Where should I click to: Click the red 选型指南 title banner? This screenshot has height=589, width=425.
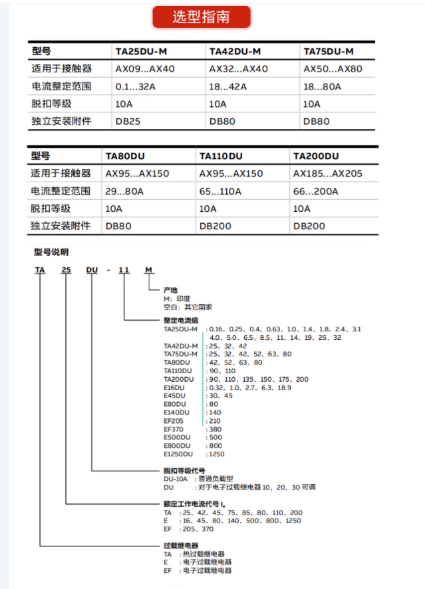(201, 17)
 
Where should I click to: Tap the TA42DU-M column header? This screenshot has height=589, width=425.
(235, 51)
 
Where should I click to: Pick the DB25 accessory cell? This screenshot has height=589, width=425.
(128, 122)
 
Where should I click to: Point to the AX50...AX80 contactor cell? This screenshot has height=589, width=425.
(333, 68)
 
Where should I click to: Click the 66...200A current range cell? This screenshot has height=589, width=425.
(316, 191)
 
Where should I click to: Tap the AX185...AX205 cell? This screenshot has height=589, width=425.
(328, 173)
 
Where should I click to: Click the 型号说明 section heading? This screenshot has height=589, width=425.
(51, 252)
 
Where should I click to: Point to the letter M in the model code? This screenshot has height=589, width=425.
(149, 270)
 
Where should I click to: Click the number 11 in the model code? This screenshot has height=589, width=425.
(124, 270)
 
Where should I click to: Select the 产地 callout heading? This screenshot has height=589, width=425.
(171, 290)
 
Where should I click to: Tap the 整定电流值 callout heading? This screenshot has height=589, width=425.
(181, 320)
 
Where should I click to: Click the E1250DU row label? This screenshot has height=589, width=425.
(178, 454)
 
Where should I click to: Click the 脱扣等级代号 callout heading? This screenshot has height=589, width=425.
(185, 470)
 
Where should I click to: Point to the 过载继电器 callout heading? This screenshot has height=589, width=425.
(181, 545)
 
